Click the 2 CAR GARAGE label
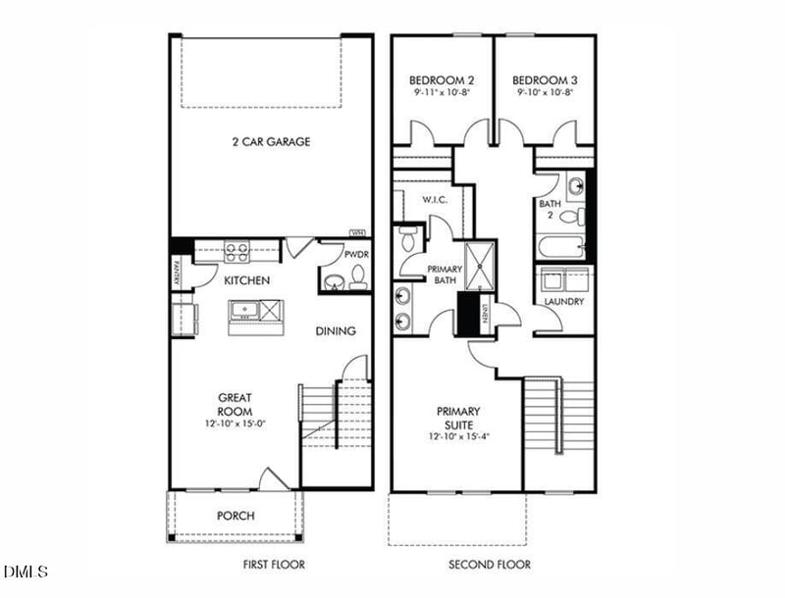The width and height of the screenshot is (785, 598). (x=271, y=142)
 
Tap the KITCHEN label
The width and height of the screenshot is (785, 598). (x=246, y=281)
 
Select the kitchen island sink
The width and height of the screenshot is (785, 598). (x=245, y=312)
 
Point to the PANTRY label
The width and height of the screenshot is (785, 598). (x=177, y=272)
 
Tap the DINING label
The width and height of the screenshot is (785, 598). (x=335, y=331)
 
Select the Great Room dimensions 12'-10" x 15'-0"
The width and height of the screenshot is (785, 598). (x=235, y=424)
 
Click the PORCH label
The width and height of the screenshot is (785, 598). (x=235, y=516)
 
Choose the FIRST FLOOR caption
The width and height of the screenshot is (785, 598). (x=274, y=565)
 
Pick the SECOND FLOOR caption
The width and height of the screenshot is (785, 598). (x=490, y=565)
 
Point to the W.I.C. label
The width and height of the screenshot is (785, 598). (x=436, y=200)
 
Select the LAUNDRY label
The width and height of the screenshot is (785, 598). (x=564, y=302)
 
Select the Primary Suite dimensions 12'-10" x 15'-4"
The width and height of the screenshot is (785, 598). (x=457, y=436)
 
